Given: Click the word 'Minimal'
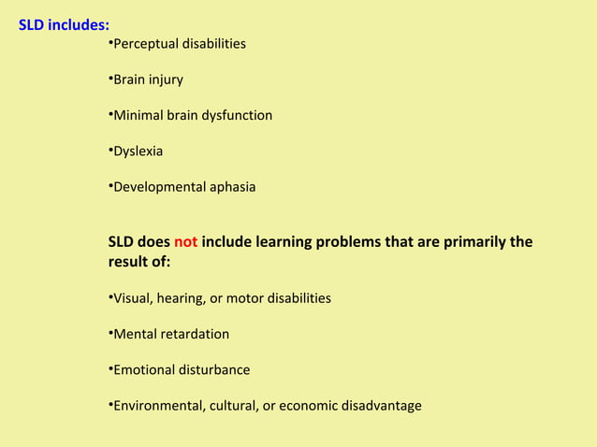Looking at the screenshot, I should (138, 115).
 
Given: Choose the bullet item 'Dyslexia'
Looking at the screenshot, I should (138, 151).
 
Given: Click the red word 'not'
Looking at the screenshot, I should (185, 242).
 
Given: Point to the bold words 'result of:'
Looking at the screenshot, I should (139, 263).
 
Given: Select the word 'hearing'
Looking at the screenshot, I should (180, 298).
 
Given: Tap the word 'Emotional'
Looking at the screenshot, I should (143, 369).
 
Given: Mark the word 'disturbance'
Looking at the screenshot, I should (213, 369).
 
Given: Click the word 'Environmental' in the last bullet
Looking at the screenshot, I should (156, 405).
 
